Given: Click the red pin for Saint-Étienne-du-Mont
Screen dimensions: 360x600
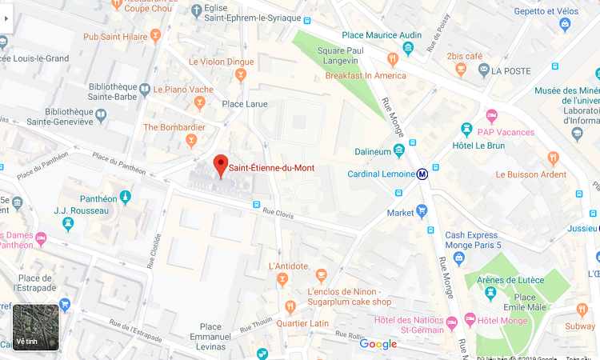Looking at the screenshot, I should tap(220, 166).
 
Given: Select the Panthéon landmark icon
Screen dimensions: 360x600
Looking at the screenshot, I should tap(124, 197).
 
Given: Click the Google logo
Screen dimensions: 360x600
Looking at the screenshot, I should tap(378, 344).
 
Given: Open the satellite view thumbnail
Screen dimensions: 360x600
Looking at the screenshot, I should tap(36, 327).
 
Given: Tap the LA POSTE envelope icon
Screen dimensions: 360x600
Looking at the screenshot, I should tap(483, 70).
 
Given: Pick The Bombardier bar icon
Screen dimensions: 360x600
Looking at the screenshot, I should tap(190, 142).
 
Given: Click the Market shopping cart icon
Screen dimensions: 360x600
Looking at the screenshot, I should tap(422, 212).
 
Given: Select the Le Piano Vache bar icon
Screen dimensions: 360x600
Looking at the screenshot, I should tap(199, 102).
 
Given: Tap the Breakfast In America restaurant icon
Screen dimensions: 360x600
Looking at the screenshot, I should tap(392, 59).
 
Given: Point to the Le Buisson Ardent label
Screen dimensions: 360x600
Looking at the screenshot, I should tap(530, 174).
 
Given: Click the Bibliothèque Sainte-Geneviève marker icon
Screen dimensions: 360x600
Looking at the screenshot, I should tap(101, 116).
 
